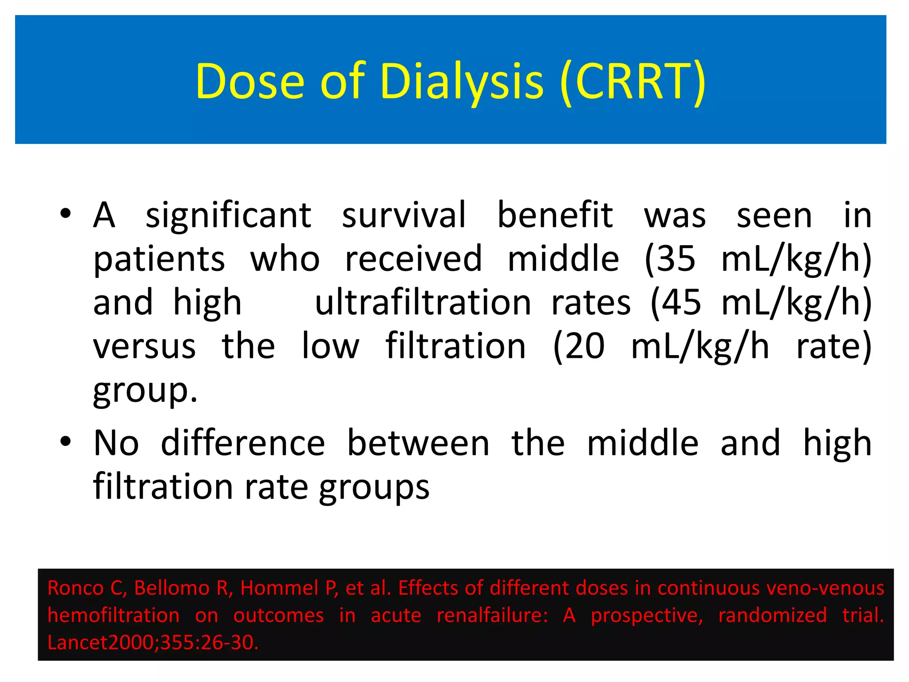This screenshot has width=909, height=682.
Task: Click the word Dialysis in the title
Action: [462, 81]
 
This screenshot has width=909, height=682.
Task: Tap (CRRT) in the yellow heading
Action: [633, 81]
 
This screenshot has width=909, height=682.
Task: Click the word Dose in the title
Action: [250, 81]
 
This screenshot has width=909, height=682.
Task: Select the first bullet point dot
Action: [66, 214]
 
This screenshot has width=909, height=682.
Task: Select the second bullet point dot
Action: [66, 442]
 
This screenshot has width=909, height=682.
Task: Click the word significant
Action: [228, 215]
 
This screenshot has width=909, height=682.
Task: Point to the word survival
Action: [404, 215]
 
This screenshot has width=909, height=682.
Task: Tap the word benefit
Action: [555, 215]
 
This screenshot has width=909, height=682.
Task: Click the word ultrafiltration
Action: [423, 302]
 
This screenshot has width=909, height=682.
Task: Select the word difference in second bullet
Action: [243, 443]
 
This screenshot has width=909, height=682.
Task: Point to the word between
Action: [418, 443]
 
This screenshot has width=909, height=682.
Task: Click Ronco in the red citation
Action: [75, 588]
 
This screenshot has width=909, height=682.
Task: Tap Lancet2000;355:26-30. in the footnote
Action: [153, 642]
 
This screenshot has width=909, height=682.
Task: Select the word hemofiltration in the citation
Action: [114, 615]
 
